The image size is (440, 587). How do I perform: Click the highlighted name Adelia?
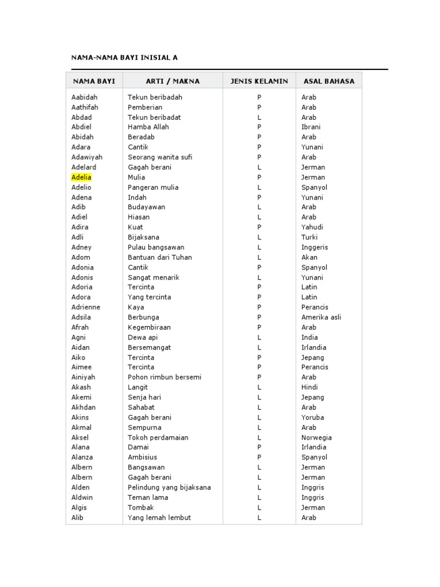click(81, 177)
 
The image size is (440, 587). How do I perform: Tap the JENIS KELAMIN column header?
click(259, 81)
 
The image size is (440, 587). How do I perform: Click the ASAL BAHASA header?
click(329, 81)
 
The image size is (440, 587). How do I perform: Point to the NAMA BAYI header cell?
click(94, 81)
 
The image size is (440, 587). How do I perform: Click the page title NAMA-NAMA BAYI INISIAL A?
click(124, 58)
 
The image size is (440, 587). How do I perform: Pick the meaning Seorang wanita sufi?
click(160, 157)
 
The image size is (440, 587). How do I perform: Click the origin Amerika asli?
click(321, 317)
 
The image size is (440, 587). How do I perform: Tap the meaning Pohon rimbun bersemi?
click(164, 377)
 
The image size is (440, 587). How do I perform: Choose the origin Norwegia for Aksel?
click(316, 437)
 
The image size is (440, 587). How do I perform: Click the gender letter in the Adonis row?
click(259, 277)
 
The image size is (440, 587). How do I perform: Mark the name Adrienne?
click(86, 307)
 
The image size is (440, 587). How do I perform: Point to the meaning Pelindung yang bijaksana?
click(169, 487)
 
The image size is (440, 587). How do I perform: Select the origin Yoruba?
click(312, 417)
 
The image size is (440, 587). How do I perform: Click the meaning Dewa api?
click(143, 337)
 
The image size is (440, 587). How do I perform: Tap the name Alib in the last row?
click(77, 518)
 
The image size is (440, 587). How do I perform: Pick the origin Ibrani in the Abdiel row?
click(311, 127)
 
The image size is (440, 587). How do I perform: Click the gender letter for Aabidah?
click(259, 97)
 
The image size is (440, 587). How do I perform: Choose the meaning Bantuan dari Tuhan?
click(160, 257)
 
